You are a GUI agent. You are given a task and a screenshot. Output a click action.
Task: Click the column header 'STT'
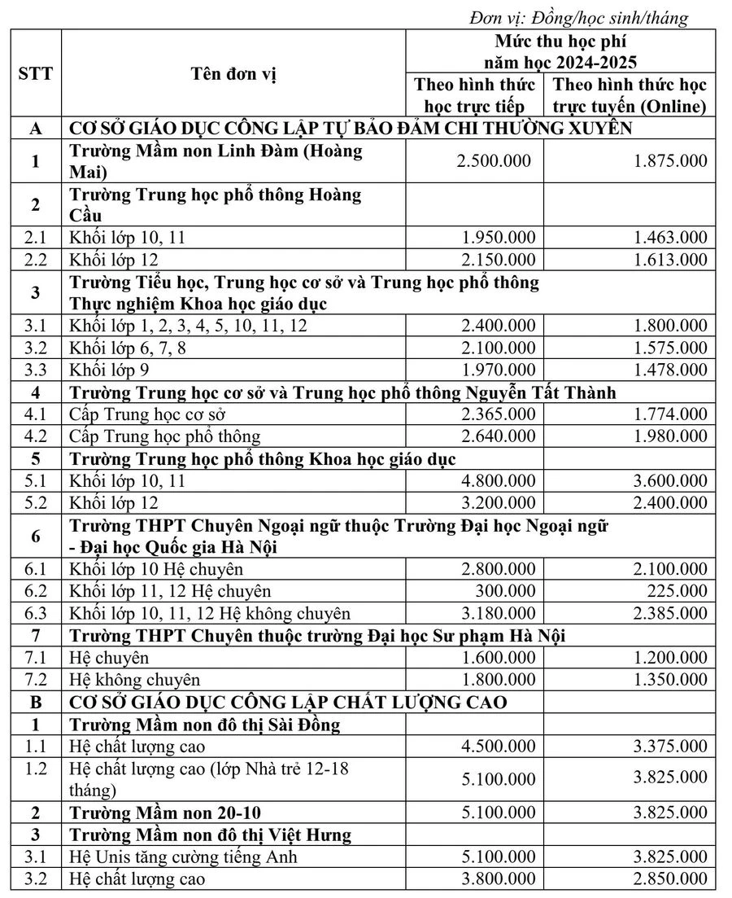[35, 74]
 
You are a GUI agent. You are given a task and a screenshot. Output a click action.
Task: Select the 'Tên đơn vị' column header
[233, 74]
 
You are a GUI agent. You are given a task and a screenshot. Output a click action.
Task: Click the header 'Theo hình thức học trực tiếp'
[475, 95]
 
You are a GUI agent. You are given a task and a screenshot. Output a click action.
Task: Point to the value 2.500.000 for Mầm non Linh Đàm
[495, 161]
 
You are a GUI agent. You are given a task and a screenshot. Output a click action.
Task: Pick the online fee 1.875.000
[670, 161]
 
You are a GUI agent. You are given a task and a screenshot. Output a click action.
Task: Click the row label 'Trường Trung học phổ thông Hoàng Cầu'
[216, 205]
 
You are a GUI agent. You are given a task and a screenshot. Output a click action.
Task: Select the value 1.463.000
[670, 239]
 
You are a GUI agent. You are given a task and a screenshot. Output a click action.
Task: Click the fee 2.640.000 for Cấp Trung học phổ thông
[497, 436]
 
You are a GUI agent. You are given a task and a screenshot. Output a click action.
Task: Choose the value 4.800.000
[497, 481]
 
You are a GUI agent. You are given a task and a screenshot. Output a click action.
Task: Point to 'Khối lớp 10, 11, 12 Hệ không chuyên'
[211, 613]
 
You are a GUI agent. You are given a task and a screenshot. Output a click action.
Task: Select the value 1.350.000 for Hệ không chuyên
[670, 679]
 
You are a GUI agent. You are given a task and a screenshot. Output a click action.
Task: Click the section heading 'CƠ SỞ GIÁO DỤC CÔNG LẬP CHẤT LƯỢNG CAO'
[287, 702]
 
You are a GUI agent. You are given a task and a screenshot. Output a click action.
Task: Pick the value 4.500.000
[497, 746]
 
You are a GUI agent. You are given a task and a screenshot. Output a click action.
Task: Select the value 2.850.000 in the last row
[670, 878]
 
